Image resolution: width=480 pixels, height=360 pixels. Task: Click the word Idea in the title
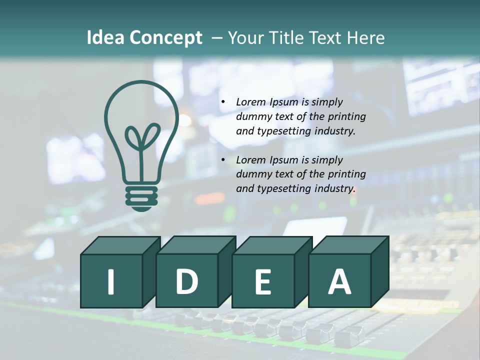pos(105,38)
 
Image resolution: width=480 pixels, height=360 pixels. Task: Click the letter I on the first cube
pos(111,282)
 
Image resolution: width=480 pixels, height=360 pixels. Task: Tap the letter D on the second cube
pos(186,282)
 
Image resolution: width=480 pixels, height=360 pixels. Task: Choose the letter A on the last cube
pos(339,282)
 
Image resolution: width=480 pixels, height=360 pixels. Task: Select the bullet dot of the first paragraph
pos(223,102)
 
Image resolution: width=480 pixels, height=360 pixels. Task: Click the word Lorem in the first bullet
pos(251,102)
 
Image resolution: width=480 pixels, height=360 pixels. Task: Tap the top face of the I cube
pos(120,245)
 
